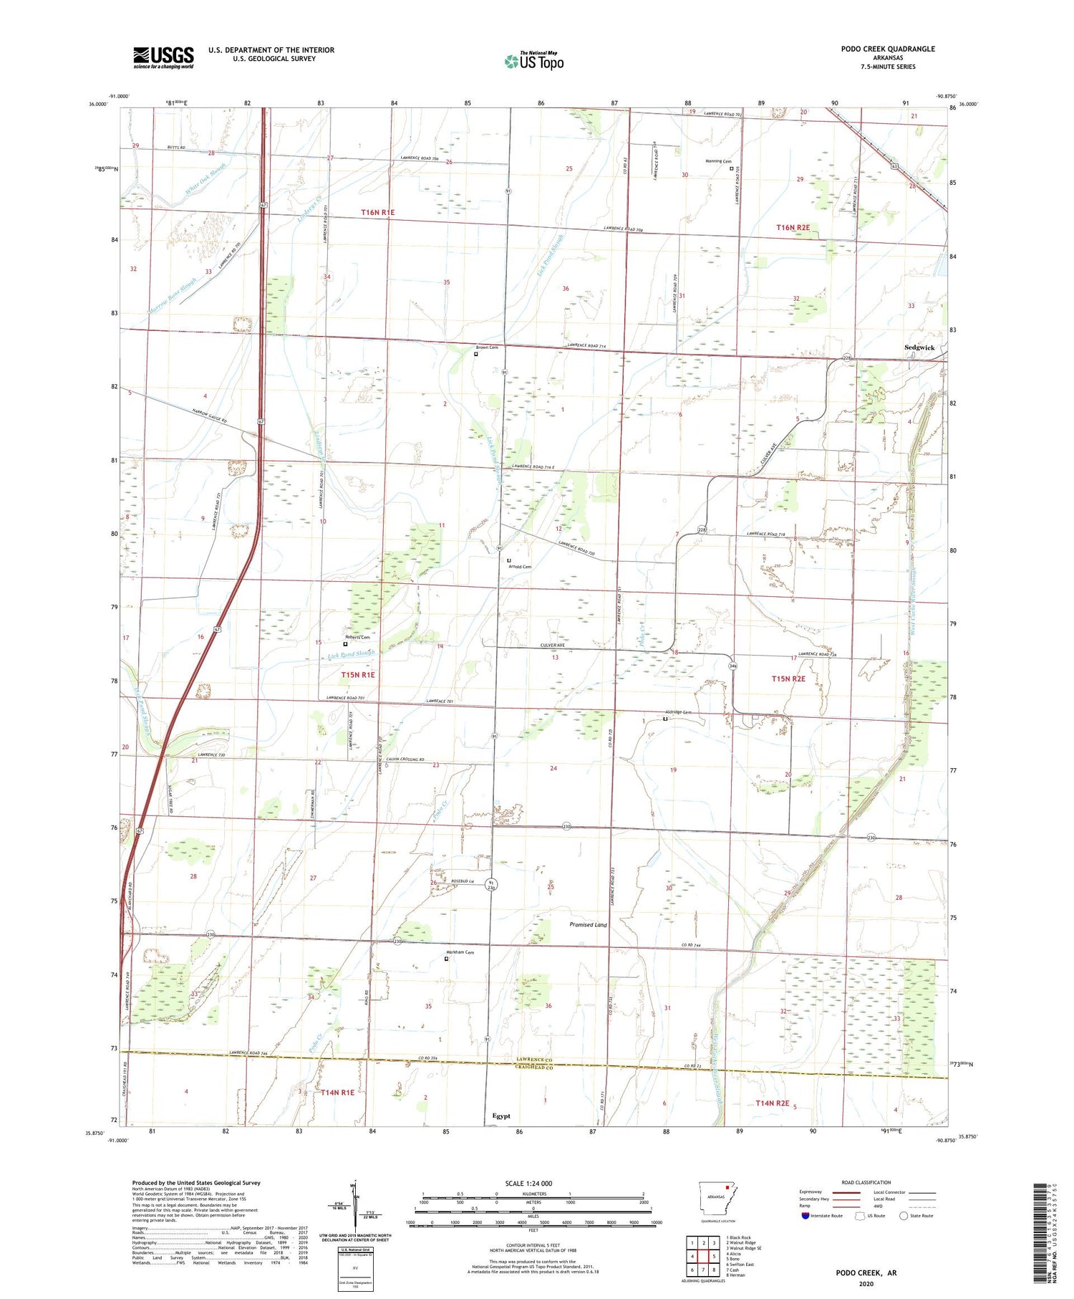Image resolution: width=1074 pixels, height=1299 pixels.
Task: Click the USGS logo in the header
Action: tap(163, 57)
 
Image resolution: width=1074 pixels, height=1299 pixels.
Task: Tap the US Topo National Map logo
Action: tap(534, 61)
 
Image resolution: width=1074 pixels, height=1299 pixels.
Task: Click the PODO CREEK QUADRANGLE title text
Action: tap(888, 49)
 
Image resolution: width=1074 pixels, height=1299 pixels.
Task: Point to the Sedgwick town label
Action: tap(919, 347)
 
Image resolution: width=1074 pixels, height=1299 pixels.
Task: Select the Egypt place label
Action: tap(501, 1116)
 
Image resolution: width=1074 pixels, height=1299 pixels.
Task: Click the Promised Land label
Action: tap(588, 924)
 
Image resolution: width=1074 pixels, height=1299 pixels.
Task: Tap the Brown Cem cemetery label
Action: tap(487, 347)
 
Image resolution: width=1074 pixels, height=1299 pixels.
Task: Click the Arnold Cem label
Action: tap(520, 567)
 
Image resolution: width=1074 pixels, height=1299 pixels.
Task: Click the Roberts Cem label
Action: tap(357, 637)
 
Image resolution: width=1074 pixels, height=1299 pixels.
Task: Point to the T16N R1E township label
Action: tap(377, 212)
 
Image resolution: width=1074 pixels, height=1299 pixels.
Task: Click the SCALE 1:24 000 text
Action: tap(528, 1183)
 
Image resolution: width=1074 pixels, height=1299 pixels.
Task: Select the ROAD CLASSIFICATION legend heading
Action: tap(866, 1182)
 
